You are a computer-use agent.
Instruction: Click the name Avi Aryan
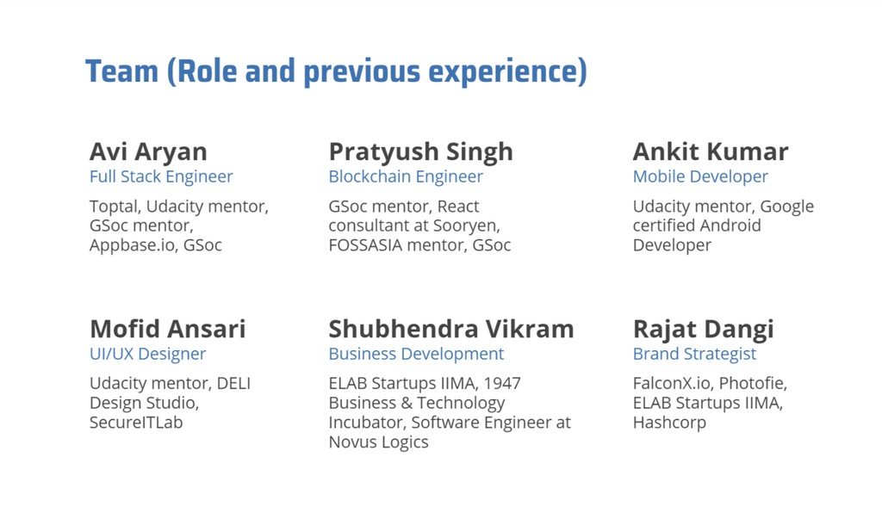pos(148,152)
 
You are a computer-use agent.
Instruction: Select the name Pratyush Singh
pos(420,152)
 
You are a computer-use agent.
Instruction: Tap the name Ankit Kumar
pos(711,151)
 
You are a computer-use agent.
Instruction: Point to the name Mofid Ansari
pos(168,329)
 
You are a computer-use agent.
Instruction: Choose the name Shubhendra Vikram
pos(451,329)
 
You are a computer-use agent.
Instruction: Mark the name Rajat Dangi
pos(704,330)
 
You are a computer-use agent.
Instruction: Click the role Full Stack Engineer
pos(161,177)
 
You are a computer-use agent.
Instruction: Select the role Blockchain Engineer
pos(406,177)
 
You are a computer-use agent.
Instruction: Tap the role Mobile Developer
pos(700,177)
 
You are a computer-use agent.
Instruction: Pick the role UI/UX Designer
pos(148,355)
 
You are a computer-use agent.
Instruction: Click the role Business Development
pos(416,355)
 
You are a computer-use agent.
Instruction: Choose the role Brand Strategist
pos(695,355)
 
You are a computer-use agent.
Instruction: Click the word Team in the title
pos(122,71)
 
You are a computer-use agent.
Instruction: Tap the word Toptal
pos(115,207)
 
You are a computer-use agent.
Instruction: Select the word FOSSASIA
pos(365,245)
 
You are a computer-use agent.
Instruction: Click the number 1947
pos(502,384)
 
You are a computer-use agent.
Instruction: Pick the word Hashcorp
pos(669,423)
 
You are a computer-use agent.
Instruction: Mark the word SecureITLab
pos(136,423)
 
